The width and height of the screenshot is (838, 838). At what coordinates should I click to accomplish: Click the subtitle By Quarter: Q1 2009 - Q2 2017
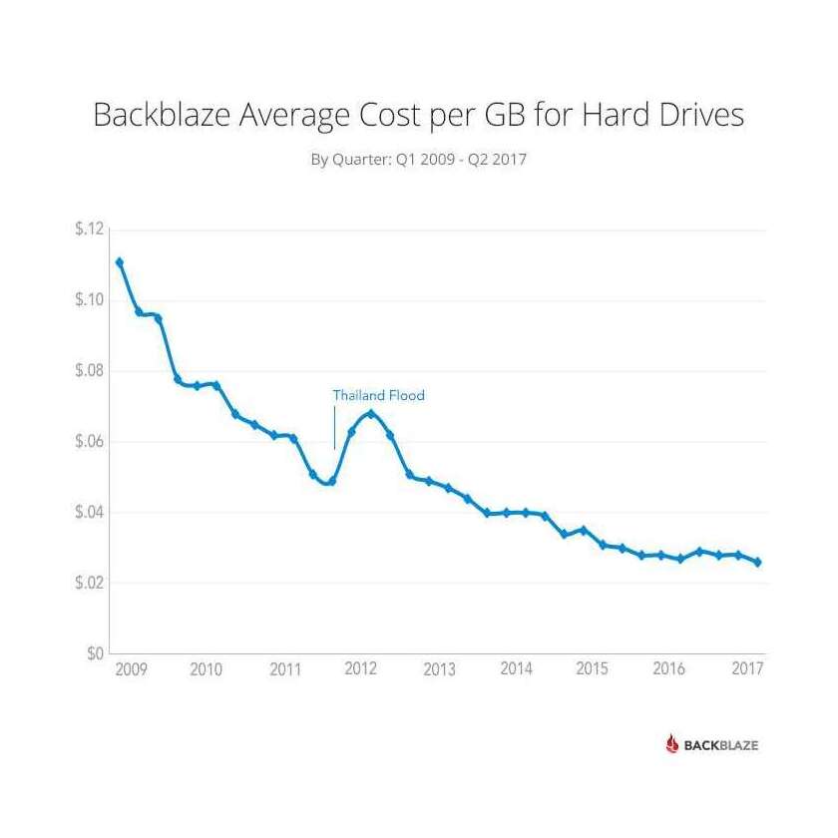pyautogui.click(x=419, y=160)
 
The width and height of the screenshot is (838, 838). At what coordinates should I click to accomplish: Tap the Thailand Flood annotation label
pyautogui.click(x=378, y=395)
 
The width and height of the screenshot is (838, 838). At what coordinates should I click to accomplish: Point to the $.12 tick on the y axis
pyautogui.click(x=89, y=229)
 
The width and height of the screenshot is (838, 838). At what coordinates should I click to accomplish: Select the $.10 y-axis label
pyautogui.click(x=89, y=300)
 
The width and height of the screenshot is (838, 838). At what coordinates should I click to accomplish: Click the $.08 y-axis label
pyautogui.click(x=89, y=371)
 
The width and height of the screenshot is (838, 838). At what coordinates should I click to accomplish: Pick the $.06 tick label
pyautogui.click(x=89, y=442)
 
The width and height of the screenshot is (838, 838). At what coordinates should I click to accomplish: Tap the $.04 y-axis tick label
pyautogui.click(x=89, y=513)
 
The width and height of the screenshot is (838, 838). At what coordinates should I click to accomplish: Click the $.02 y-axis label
pyautogui.click(x=89, y=584)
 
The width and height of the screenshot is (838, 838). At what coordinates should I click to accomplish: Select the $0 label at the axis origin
pyautogui.click(x=95, y=654)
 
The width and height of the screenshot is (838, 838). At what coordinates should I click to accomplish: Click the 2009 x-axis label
pyautogui.click(x=130, y=669)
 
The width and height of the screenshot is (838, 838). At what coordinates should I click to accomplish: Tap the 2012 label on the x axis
pyautogui.click(x=360, y=669)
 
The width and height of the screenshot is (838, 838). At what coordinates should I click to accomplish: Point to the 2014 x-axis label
pyautogui.click(x=516, y=669)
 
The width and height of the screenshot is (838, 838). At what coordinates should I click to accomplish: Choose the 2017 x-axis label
pyautogui.click(x=747, y=669)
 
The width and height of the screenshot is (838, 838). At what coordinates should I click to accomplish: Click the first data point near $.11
pyautogui.click(x=120, y=262)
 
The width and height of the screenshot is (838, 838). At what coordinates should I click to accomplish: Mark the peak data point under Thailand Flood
pyautogui.click(x=370, y=413)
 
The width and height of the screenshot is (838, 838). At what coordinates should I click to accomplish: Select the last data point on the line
pyautogui.click(x=757, y=563)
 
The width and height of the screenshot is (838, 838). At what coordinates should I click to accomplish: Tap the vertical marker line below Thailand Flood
pyautogui.click(x=334, y=429)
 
